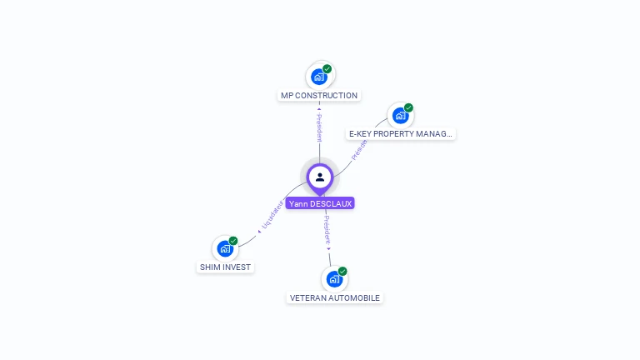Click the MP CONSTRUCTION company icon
click(318, 77)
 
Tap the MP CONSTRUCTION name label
click(319, 96)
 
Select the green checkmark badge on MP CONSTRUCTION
click(327, 69)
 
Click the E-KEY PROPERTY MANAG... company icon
click(400, 116)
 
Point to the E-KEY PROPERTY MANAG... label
click(401, 133)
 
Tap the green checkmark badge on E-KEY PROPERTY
click(408, 107)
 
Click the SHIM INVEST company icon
click(225, 248)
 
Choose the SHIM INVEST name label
click(225, 267)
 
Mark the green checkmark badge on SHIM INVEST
click(233, 241)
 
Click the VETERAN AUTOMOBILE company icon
click(334, 279)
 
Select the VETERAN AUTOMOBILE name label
click(335, 297)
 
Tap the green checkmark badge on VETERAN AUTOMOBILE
click(342, 272)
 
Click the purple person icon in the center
click(320, 177)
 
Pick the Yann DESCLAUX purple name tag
click(320, 203)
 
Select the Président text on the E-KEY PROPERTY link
click(359, 148)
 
